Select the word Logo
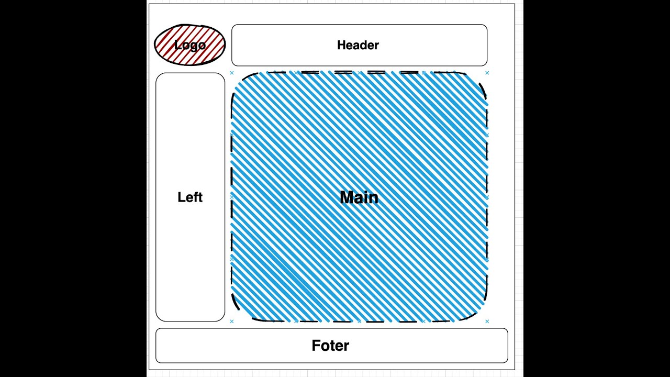click(x=190, y=45)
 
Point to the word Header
click(x=358, y=45)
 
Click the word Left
click(x=190, y=197)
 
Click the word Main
click(x=359, y=197)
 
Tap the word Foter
click(x=330, y=346)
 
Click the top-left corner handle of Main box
click(x=232, y=73)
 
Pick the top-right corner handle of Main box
click(x=487, y=73)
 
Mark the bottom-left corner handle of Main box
click(x=232, y=321)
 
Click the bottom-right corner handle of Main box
click(x=487, y=321)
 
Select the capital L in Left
click(x=181, y=197)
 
